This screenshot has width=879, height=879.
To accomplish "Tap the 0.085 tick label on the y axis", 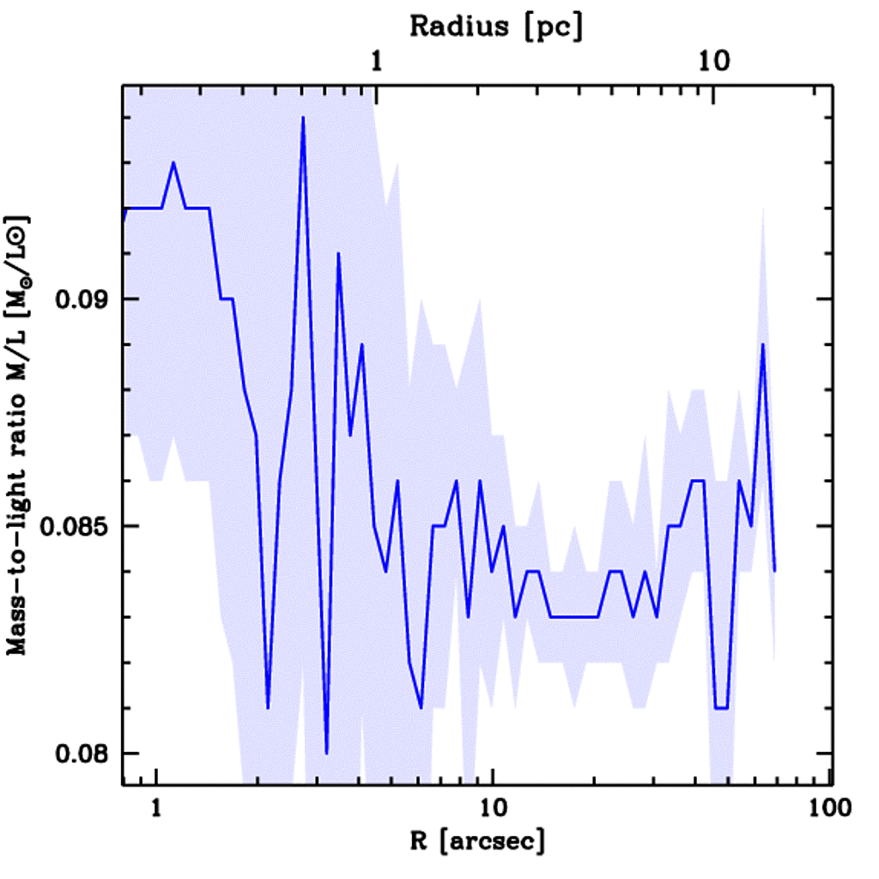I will (76, 527).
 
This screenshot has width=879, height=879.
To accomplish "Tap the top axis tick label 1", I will (375, 59).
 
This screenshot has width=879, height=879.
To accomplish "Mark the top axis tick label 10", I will (712, 59).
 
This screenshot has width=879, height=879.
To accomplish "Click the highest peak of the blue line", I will (303, 118).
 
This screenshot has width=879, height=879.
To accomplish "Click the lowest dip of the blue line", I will (327, 753).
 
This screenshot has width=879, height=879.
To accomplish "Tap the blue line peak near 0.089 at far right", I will (762, 344).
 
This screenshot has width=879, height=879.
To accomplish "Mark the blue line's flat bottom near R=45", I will (721, 708).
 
